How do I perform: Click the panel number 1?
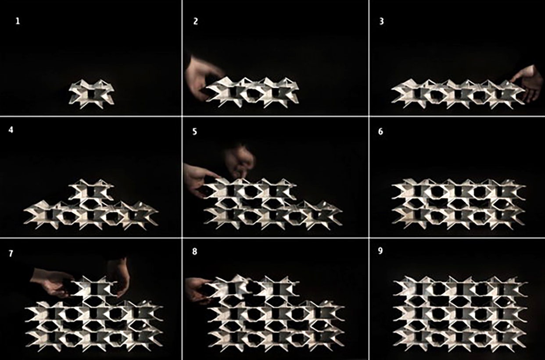point(18,21)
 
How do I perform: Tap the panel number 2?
point(195,21)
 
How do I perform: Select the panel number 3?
point(381,21)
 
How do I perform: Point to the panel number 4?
point(11,130)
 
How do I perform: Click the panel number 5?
point(195,132)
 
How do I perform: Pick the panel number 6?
point(381,132)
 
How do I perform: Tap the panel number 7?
point(11,253)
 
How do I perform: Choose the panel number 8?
point(195,251)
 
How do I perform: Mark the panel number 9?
point(380,251)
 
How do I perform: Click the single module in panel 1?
point(91,93)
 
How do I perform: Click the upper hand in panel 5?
point(240,160)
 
